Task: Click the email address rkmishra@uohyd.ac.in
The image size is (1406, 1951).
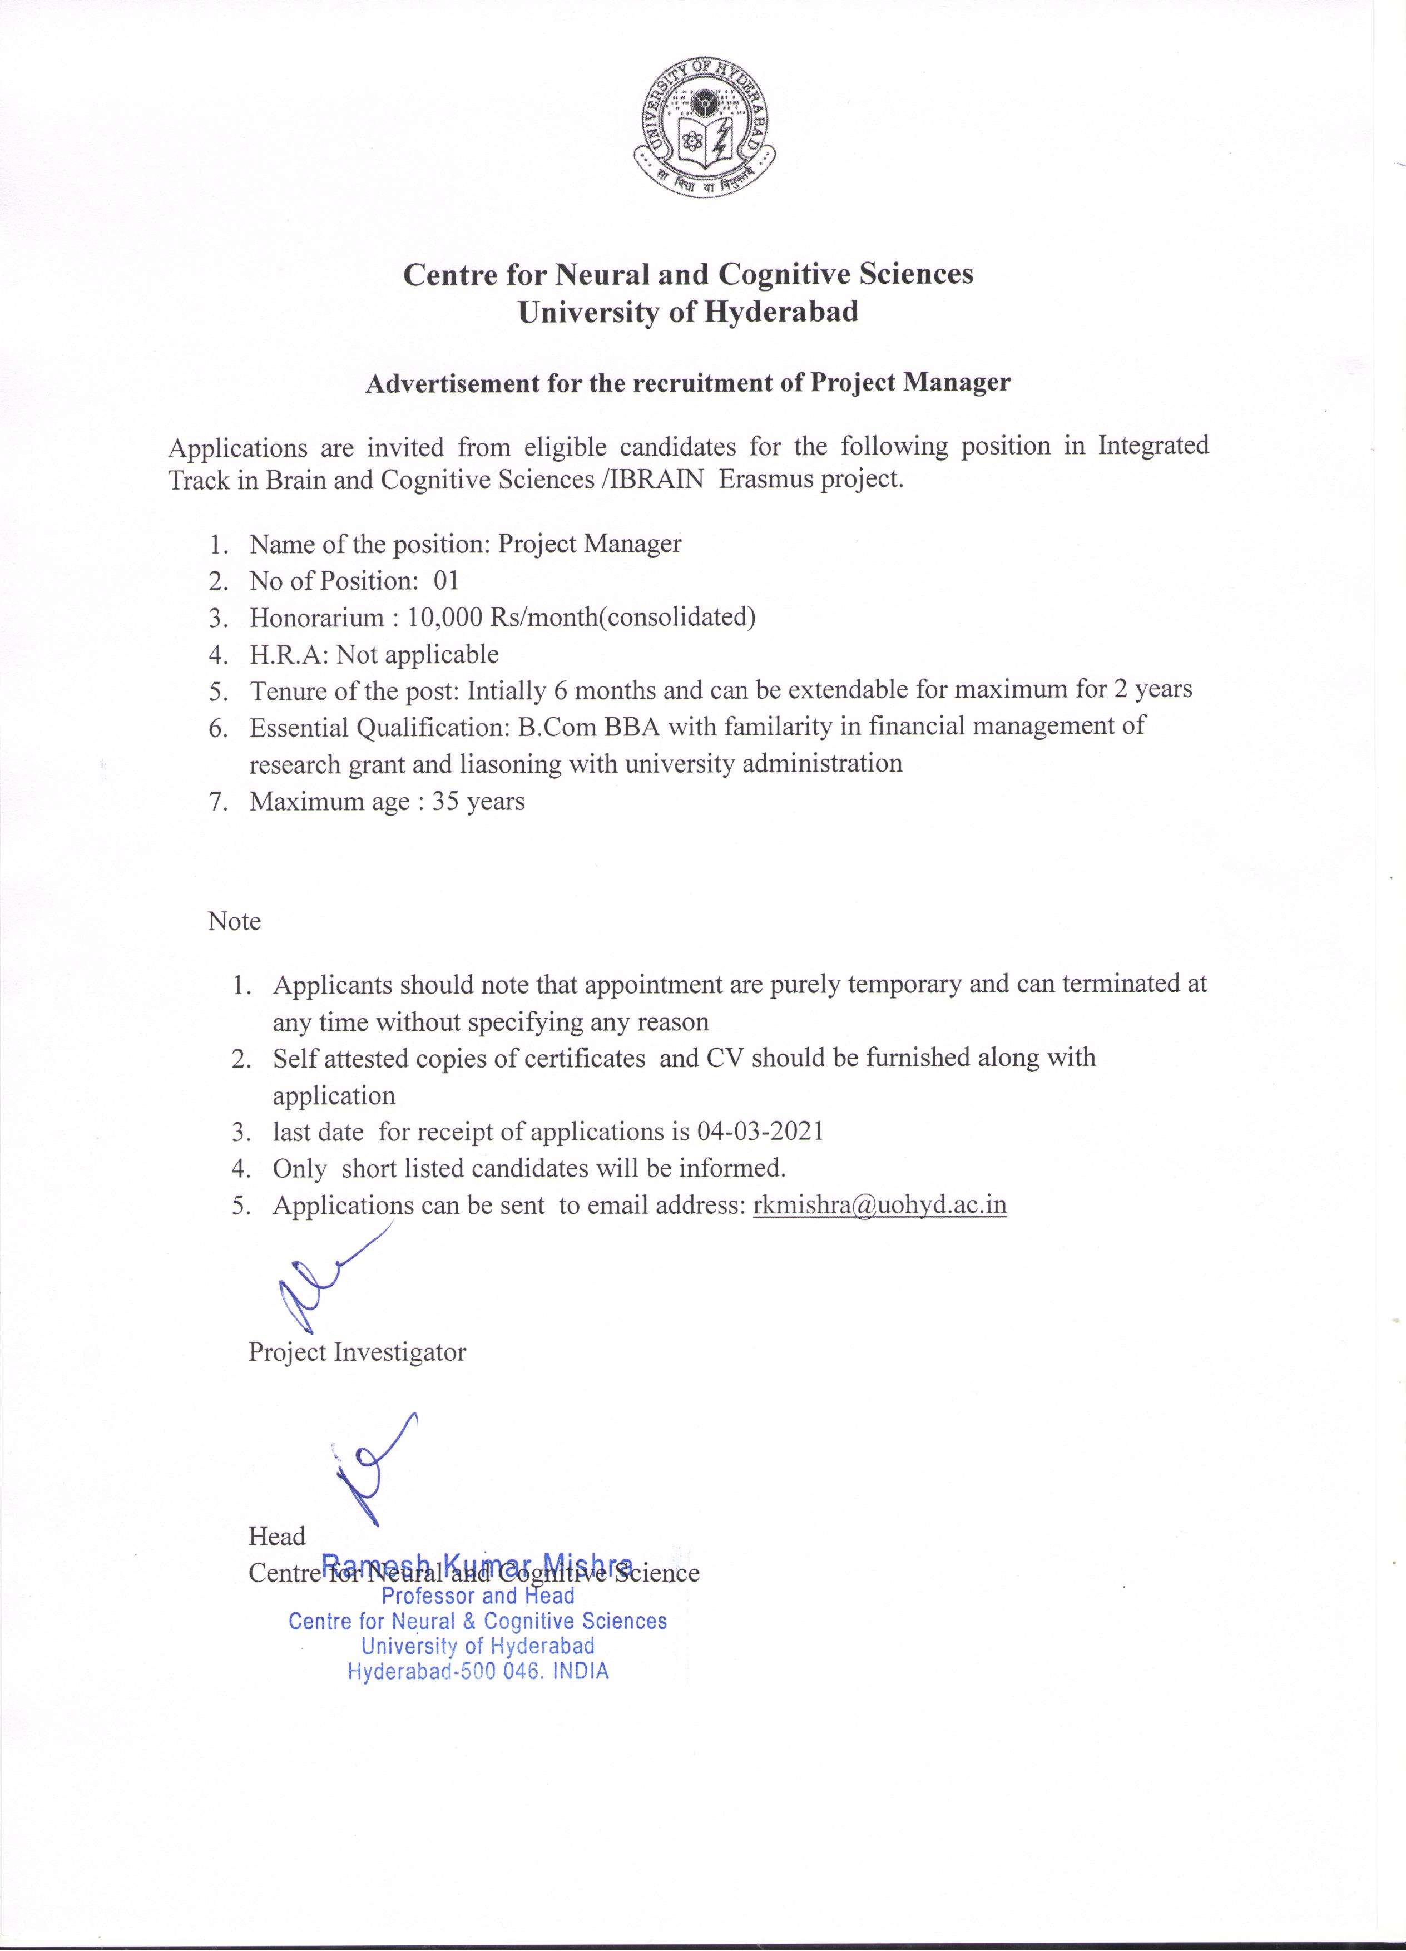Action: pos(879,1204)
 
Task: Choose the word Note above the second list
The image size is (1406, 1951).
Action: pos(234,921)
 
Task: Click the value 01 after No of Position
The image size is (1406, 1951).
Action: pos(446,581)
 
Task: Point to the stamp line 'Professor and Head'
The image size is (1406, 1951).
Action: pos(478,1596)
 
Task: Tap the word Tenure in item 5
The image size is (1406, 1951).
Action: pos(286,690)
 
